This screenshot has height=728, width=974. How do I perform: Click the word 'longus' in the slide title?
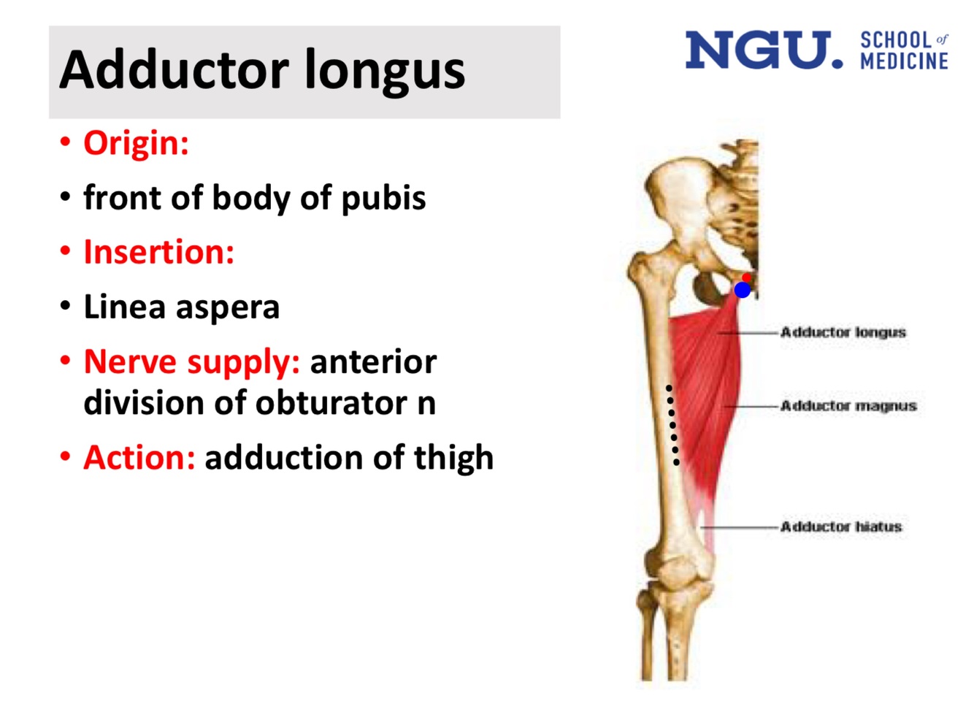pyautogui.click(x=384, y=71)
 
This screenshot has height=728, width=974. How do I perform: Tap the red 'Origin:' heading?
pyautogui.click(x=136, y=143)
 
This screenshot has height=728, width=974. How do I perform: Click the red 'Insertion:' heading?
pyautogui.click(x=158, y=253)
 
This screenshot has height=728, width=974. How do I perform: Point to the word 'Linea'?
pyautogui.click(x=123, y=307)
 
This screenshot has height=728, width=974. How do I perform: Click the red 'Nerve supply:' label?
pyautogui.click(x=191, y=362)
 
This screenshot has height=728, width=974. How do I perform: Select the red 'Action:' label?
pyautogui.click(x=139, y=459)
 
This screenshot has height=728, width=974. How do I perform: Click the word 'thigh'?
pyautogui.click(x=453, y=459)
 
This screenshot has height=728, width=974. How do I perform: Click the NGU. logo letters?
pyautogui.click(x=763, y=50)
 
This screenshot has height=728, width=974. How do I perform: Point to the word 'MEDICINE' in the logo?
pyautogui.click(x=904, y=61)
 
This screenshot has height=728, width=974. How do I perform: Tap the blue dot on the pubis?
pyautogui.click(x=742, y=290)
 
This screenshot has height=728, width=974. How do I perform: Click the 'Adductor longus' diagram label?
pyautogui.click(x=843, y=332)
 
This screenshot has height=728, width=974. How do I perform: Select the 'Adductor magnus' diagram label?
pyautogui.click(x=848, y=406)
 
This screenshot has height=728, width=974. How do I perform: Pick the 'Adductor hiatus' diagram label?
pyautogui.click(x=840, y=526)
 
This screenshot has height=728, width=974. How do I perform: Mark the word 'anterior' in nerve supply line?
pyautogui.click(x=373, y=362)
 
